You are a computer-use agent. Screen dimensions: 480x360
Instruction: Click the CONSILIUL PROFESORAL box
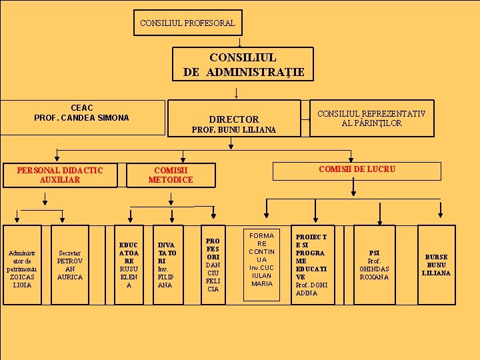coord(187,23)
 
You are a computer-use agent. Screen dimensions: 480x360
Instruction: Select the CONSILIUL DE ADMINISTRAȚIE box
coord(243,65)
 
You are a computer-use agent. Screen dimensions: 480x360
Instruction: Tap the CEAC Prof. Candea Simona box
coord(82,113)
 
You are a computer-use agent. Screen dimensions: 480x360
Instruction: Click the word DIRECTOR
coord(233,119)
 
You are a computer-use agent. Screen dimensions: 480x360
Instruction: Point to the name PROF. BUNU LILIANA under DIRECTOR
coord(233,129)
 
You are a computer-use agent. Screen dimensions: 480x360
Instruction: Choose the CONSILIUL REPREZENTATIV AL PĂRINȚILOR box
coord(371,119)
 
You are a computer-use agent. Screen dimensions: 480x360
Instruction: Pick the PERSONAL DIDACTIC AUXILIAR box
coord(60,175)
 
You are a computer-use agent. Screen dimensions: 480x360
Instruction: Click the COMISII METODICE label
coord(170,175)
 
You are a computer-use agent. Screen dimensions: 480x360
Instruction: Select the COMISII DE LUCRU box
coord(357,169)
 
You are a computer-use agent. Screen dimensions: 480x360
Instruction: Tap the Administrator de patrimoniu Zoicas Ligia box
coord(22,265)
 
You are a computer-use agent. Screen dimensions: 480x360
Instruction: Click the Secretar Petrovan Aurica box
coord(70,265)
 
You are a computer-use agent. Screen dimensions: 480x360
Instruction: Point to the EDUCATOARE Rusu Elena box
coord(129,265)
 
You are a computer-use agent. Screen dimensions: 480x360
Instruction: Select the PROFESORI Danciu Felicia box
coord(213,265)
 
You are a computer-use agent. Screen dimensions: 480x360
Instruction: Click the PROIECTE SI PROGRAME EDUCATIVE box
coord(311,265)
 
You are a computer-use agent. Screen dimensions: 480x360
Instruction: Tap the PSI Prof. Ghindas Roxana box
coord(374,265)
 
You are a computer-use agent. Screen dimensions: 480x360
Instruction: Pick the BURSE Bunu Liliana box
coord(436,265)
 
